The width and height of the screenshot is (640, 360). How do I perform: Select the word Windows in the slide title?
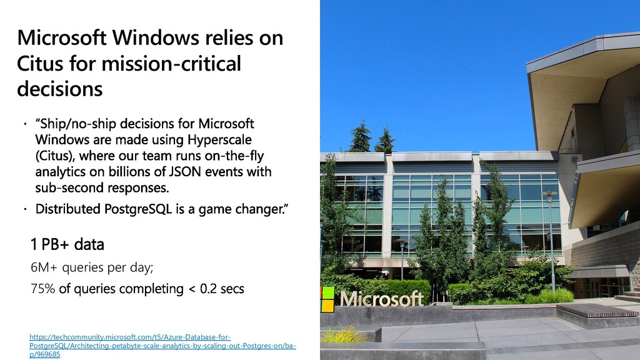pyautogui.click(x=156, y=37)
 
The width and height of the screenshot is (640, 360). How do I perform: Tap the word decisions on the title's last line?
pyautogui.click(x=59, y=89)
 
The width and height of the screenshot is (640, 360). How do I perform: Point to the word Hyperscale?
pyautogui.click(x=219, y=139)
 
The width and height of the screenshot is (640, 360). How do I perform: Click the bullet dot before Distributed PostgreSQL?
pyautogui.click(x=25, y=209)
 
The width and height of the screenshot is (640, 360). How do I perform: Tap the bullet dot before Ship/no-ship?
pyautogui.click(x=25, y=123)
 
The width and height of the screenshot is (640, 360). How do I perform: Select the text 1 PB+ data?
pyautogui.click(x=67, y=244)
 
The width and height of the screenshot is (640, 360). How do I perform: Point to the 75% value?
pyautogui.click(x=42, y=289)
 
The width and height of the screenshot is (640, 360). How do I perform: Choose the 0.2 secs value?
pyautogui.click(x=222, y=289)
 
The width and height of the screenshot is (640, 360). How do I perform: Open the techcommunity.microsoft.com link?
pyautogui.click(x=162, y=346)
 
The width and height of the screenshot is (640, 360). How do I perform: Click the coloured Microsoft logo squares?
pyautogui.click(x=327, y=299)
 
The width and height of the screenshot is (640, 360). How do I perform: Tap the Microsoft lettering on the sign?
pyautogui.click(x=382, y=299)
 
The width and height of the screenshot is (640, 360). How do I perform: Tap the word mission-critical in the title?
pyautogui.click(x=171, y=64)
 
